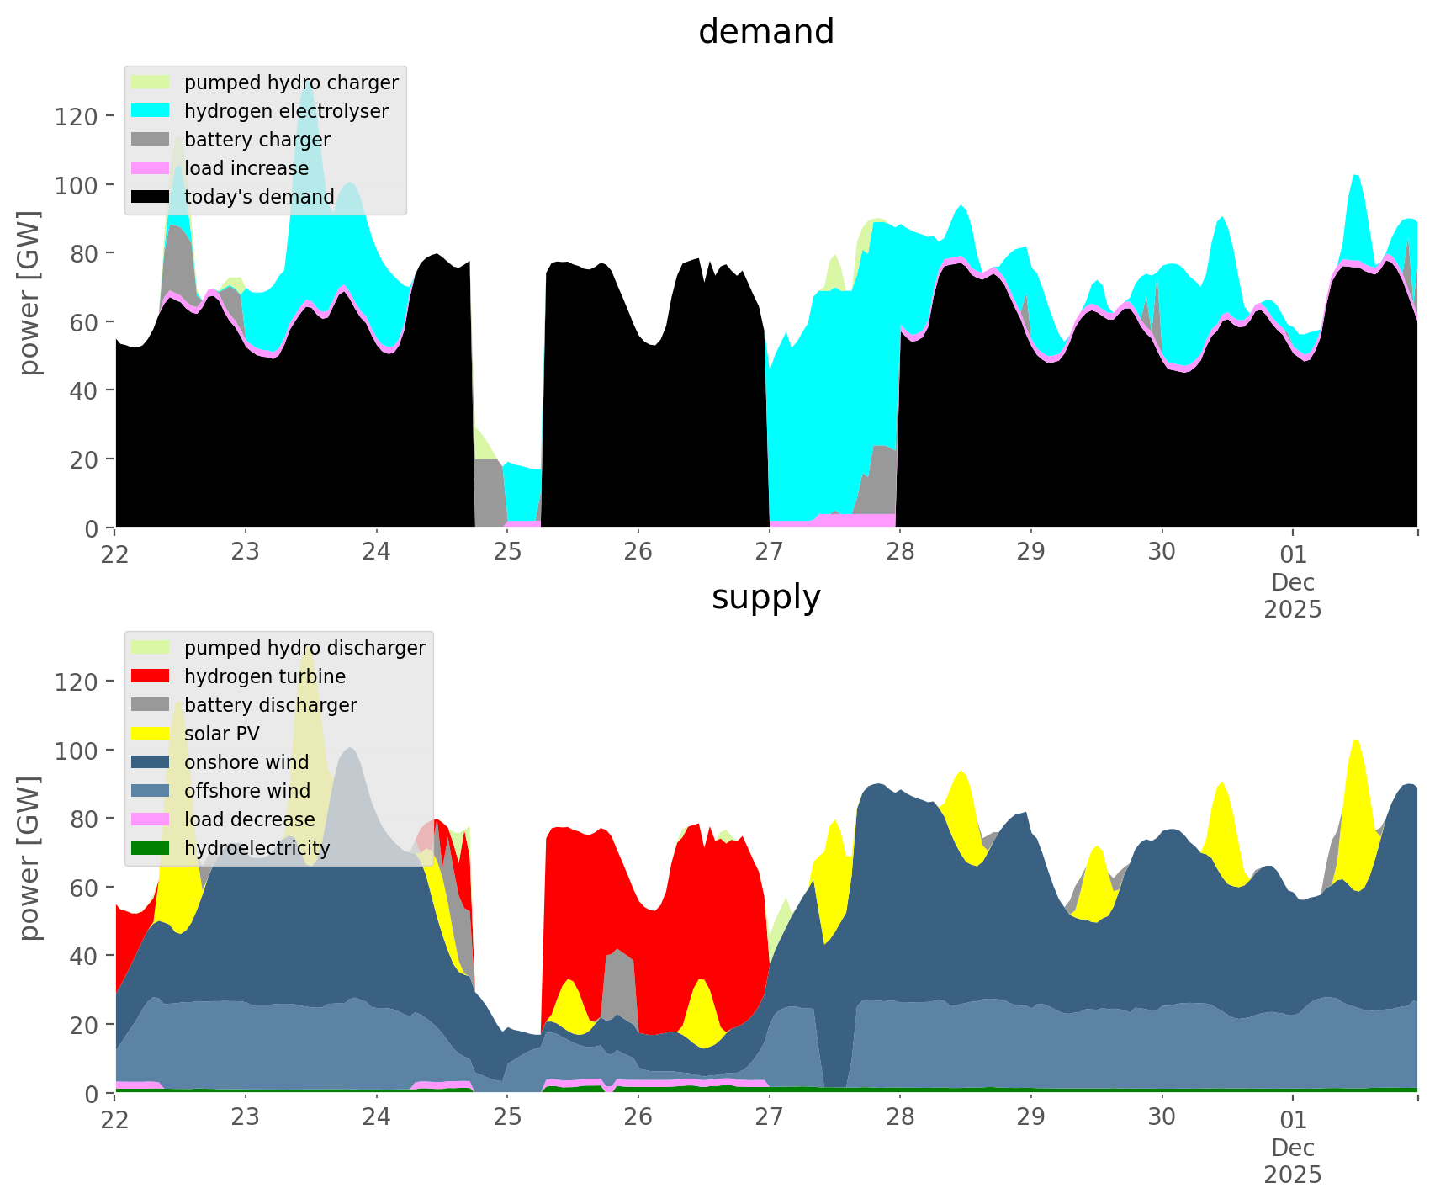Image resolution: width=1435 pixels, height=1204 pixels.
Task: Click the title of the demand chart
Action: click(765, 32)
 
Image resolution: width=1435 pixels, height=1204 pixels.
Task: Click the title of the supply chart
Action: click(765, 597)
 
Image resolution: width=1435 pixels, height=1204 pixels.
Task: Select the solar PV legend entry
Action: click(222, 734)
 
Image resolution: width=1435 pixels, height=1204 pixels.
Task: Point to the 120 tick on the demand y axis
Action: click(77, 116)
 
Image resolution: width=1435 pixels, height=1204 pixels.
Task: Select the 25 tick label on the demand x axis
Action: click(507, 553)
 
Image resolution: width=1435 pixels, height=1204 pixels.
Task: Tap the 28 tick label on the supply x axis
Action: click(900, 1118)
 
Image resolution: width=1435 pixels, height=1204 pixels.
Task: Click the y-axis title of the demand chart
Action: click(29, 292)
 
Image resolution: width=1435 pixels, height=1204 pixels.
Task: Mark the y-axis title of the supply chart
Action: click(29, 857)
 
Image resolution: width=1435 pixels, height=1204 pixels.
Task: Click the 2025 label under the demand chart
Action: click(1293, 609)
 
